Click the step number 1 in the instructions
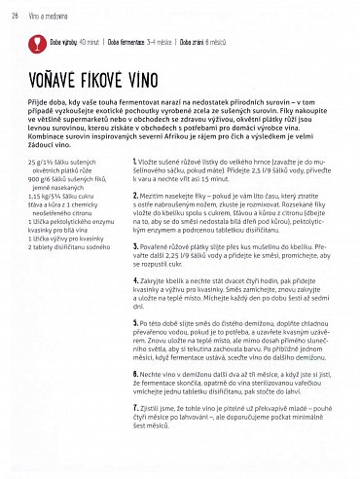click(134, 159)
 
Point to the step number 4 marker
click(134, 279)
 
